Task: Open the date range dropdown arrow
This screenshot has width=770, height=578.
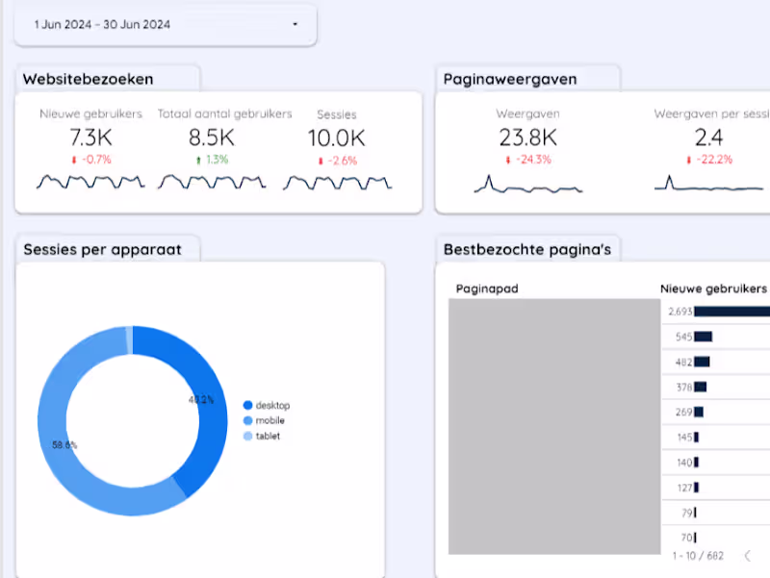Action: point(295,24)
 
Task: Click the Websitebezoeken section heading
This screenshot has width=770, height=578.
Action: point(88,79)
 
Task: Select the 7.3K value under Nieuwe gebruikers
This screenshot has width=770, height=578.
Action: point(90,138)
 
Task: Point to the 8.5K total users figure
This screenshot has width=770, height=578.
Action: point(211,138)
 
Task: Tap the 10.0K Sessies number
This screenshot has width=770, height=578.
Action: point(336,138)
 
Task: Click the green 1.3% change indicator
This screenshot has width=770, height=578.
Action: point(211,160)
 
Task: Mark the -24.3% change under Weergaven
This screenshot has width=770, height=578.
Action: point(528,160)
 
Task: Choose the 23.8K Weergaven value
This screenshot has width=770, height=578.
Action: point(528,138)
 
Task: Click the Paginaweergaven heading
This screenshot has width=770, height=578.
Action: point(516,79)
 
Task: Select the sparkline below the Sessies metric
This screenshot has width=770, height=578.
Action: point(337,182)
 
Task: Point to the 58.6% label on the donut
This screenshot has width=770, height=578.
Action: point(64,445)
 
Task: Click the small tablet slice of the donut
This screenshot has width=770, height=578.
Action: point(129,335)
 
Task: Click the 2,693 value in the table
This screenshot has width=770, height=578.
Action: point(680,312)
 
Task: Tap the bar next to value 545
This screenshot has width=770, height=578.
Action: point(703,337)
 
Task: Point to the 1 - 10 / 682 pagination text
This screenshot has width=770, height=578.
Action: point(700,555)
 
